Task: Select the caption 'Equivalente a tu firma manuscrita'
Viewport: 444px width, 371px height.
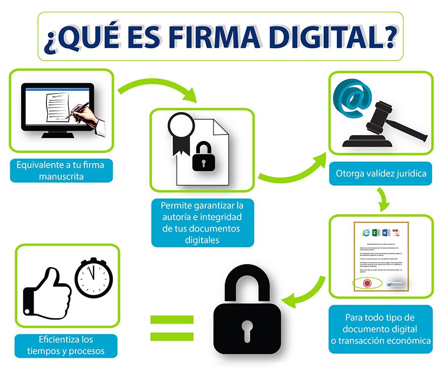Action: [x=61, y=170]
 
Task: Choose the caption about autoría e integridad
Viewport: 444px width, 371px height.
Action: [x=202, y=222]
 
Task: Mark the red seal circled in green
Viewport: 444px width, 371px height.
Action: [x=367, y=283]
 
